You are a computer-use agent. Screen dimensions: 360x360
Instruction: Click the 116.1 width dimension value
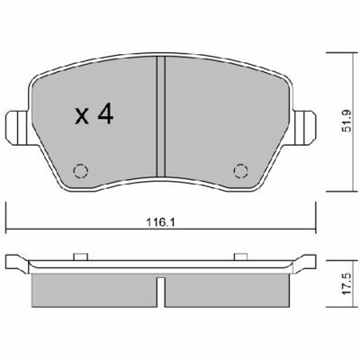click(x=160, y=223)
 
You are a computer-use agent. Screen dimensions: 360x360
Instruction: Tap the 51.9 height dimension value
click(x=346, y=121)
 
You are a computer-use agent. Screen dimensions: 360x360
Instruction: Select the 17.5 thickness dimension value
click(x=346, y=283)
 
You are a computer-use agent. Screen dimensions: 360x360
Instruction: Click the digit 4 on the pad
click(x=104, y=114)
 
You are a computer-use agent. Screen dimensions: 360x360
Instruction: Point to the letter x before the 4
click(x=82, y=117)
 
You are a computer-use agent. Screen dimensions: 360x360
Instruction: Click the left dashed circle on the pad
click(x=81, y=171)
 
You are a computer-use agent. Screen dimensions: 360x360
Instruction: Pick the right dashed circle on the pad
click(x=241, y=171)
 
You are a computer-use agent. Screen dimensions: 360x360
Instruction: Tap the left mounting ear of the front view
click(x=18, y=128)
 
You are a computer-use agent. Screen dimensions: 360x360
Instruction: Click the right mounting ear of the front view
click(x=304, y=128)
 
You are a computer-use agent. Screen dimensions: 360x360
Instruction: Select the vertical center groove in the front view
click(x=161, y=116)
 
